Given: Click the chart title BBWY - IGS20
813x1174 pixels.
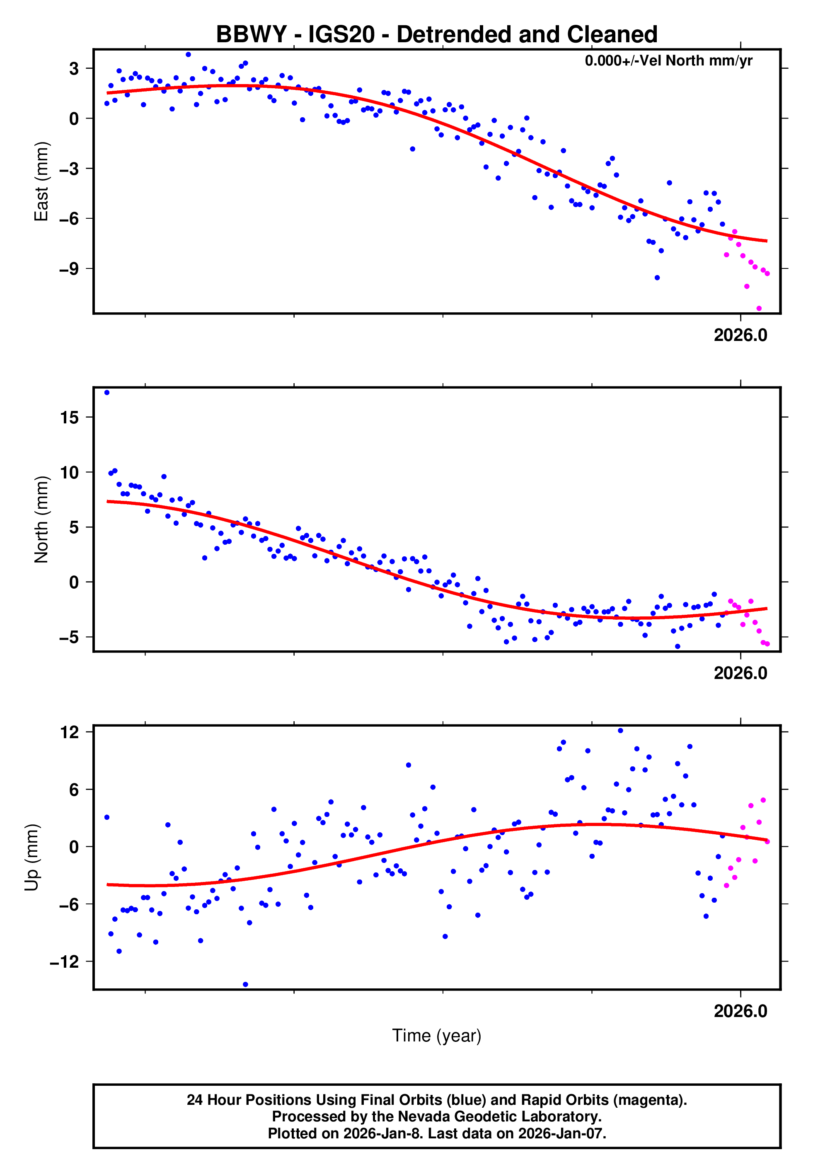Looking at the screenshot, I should click(x=437, y=35).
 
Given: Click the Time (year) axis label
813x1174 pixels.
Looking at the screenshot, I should click(x=437, y=1036).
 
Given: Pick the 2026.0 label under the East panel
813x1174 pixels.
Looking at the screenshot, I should click(x=740, y=335).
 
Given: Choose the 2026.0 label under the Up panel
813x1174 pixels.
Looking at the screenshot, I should click(x=740, y=1011).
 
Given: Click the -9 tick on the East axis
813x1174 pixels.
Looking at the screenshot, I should click(x=69, y=269).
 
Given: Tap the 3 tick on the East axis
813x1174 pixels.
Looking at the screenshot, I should click(x=74, y=68).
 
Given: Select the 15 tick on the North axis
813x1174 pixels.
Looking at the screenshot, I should click(x=69, y=418).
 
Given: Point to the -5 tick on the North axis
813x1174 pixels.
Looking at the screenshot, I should click(x=69, y=638).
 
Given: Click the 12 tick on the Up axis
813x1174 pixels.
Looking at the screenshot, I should click(x=69, y=732).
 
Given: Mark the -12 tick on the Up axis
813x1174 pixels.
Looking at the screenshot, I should click(x=65, y=962).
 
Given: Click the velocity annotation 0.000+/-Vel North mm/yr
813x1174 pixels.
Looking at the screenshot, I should click(x=668, y=61).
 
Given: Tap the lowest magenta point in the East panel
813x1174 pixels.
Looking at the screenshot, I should click(x=759, y=309).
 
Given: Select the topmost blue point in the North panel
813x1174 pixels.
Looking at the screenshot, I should click(x=107, y=393).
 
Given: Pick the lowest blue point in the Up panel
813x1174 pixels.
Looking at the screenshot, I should click(x=246, y=985).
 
